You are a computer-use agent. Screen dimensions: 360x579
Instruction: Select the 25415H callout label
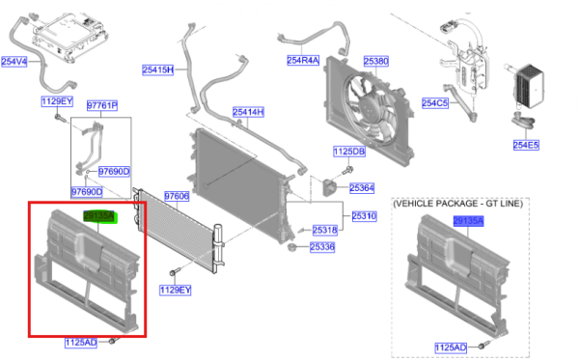pos(158,69)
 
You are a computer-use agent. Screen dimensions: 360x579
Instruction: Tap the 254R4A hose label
pos(303,61)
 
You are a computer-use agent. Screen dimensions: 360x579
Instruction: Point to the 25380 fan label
pos(375,61)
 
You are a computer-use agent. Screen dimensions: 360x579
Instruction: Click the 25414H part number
pos(247,112)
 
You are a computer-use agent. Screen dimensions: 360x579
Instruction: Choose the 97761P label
pos(101,105)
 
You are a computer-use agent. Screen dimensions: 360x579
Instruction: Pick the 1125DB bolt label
pos(348,152)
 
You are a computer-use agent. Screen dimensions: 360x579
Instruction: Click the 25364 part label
pos(362,187)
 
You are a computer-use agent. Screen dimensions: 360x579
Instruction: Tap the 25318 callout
pos(324,230)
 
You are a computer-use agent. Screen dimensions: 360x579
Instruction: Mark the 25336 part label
pos(322,247)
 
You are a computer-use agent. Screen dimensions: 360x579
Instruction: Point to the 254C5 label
pos(435,103)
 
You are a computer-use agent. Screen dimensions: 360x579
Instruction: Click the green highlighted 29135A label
pos(99,216)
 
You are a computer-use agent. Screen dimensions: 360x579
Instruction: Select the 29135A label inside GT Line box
pos(469,221)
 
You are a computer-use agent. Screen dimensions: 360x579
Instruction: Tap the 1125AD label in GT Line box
pos(451,346)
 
